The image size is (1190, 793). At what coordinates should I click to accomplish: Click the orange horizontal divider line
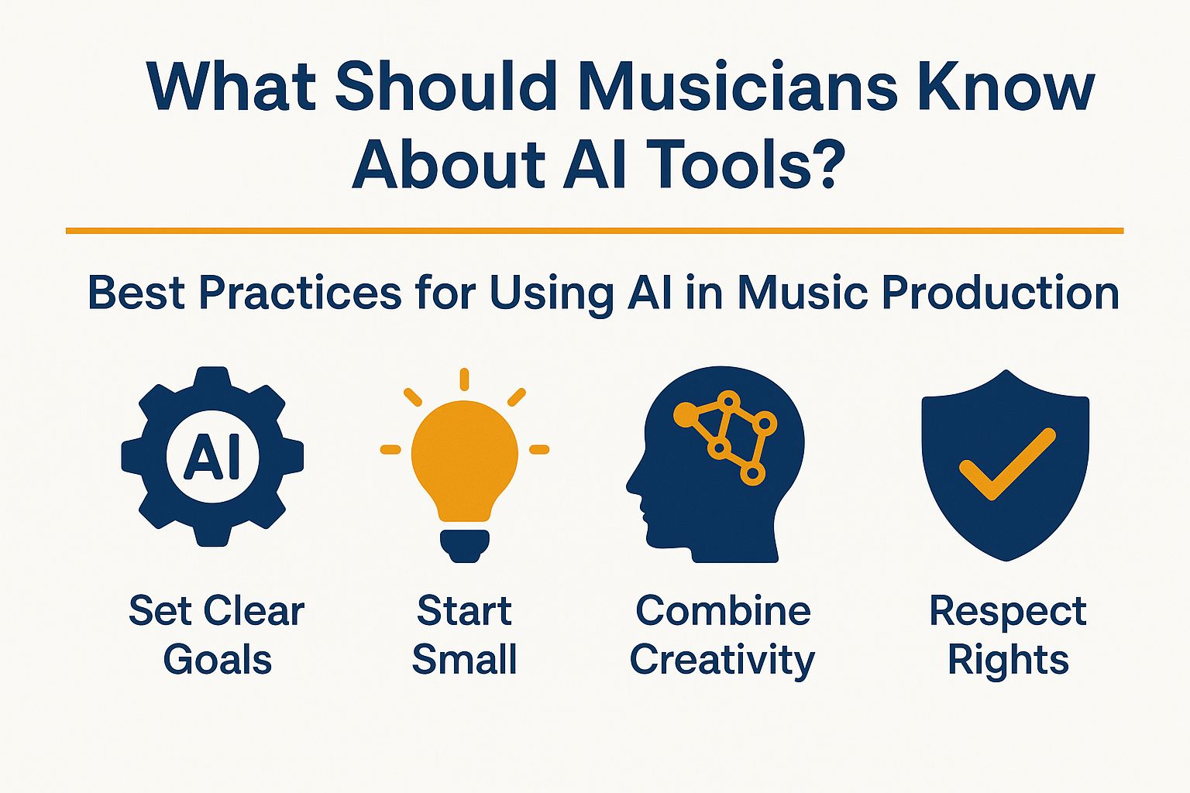pos(594,230)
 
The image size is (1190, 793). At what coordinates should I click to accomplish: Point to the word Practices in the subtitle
pos(300,294)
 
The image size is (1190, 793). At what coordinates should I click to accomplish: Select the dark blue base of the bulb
pos(465,543)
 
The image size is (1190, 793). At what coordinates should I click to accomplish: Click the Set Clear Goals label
pos(217,635)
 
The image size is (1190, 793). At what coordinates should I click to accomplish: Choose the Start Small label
pos(464,635)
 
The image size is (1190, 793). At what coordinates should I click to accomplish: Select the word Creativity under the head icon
pos(722,661)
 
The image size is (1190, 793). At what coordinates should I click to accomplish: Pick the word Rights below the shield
pos(1008,661)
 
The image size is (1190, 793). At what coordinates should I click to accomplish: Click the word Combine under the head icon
pos(723,611)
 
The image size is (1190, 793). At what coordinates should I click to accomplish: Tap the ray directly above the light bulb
pos(465,379)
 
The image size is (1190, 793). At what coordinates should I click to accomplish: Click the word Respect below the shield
pos(1008,611)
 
